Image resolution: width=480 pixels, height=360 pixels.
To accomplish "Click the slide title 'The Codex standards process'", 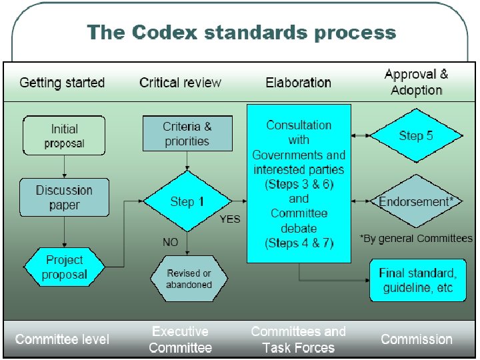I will [241, 32].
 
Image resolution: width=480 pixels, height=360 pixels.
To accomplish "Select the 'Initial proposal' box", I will [64, 135].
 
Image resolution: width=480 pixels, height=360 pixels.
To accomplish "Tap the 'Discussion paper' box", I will [64, 197].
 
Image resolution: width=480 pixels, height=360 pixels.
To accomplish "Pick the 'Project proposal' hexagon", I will [65, 267].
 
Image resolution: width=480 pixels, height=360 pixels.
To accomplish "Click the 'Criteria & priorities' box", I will [187, 133].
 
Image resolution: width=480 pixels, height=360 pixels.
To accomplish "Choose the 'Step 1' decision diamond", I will [187, 201].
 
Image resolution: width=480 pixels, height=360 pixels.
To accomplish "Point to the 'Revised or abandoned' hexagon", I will [189, 279].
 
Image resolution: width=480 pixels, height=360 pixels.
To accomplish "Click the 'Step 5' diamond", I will [416, 136].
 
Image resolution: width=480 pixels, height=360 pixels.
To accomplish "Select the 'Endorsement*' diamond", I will [416, 201].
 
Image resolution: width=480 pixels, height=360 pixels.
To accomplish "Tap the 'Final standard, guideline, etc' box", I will [417, 280].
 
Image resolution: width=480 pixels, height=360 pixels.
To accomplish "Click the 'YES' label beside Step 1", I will [230, 219].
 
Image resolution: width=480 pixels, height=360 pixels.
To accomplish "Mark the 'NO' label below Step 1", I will [171, 242].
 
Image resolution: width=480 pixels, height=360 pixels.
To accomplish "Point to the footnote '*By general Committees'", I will [416, 238].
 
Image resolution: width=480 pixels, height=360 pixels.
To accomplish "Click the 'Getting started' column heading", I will [62, 83].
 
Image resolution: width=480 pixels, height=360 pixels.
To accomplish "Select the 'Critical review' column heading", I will [180, 83].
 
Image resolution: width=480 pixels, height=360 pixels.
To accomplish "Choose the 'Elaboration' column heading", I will [298, 83].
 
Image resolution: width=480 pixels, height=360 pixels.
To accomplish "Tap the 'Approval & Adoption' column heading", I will [417, 82].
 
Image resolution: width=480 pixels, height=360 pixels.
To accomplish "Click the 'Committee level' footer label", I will [62, 339].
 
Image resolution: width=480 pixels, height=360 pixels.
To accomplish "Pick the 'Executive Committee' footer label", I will [180, 339].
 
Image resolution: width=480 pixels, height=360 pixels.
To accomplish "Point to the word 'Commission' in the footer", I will [416, 339].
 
